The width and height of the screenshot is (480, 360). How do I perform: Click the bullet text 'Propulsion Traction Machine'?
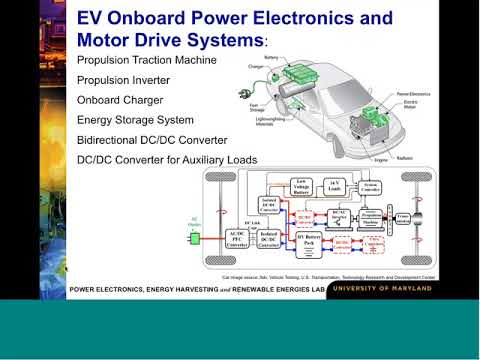pyautogui.click(x=146, y=61)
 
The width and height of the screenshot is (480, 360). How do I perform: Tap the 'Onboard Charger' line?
pyautogui.click(x=119, y=100)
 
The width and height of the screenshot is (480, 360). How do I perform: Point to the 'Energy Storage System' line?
pyautogui.click(x=136, y=120)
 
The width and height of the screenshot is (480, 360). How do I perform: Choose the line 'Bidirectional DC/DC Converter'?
pyautogui.click(x=152, y=140)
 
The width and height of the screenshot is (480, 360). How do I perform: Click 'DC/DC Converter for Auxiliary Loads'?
pyautogui.click(x=167, y=160)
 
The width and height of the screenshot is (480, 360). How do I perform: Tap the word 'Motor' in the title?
pyautogui.click(x=110, y=39)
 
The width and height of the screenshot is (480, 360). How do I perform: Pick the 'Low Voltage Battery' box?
pyautogui.click(x=299, y=186)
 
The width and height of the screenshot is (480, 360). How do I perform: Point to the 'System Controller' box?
pyautogui.click(x=372, y=187)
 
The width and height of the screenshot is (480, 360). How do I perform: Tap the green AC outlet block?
pyautogui.click(x=196, y=238)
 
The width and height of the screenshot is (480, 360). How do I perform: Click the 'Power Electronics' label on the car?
pyautogui.click(x=411, y=98)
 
